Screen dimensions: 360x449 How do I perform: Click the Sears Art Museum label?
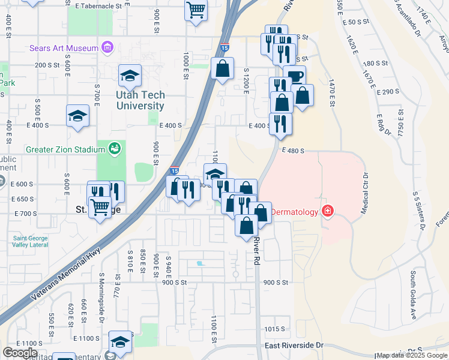[x=64, y=48]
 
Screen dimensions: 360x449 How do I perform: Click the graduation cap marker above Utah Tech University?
[x=130, y=76]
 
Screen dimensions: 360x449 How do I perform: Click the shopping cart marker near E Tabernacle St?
[x=196, y=10]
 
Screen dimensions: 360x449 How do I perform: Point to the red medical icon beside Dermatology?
[x=328, y=211]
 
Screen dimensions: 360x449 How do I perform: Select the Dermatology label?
[x=295, y=212]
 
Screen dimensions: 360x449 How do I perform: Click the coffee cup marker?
[x=295, y=77]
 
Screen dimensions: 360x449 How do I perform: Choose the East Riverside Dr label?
[x=294, y=346]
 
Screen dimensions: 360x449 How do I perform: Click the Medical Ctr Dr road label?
[x=364, y=194]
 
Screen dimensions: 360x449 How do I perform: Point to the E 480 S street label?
[x=292, y=151]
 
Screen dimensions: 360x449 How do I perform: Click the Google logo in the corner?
[x=20, y=352]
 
